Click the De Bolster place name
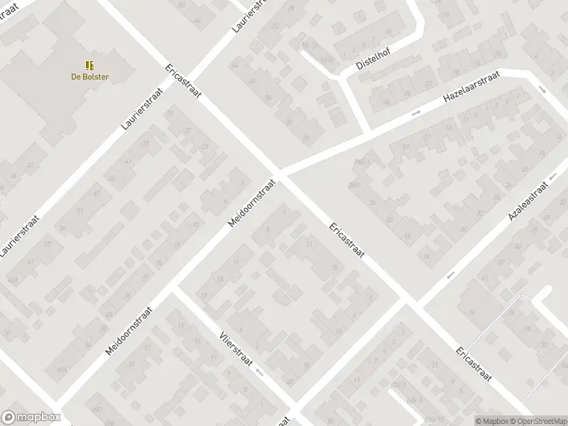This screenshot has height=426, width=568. coord(89,77)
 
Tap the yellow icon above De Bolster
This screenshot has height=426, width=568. coord(89,65)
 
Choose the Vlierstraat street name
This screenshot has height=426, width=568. coord(234,351)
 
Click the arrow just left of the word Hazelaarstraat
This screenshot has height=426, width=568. coord(417,112)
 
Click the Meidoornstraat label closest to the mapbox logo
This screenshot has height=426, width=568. coord(129,331)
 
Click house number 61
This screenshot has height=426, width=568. coord(31,262)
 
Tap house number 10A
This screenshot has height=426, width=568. coord(62,371)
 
